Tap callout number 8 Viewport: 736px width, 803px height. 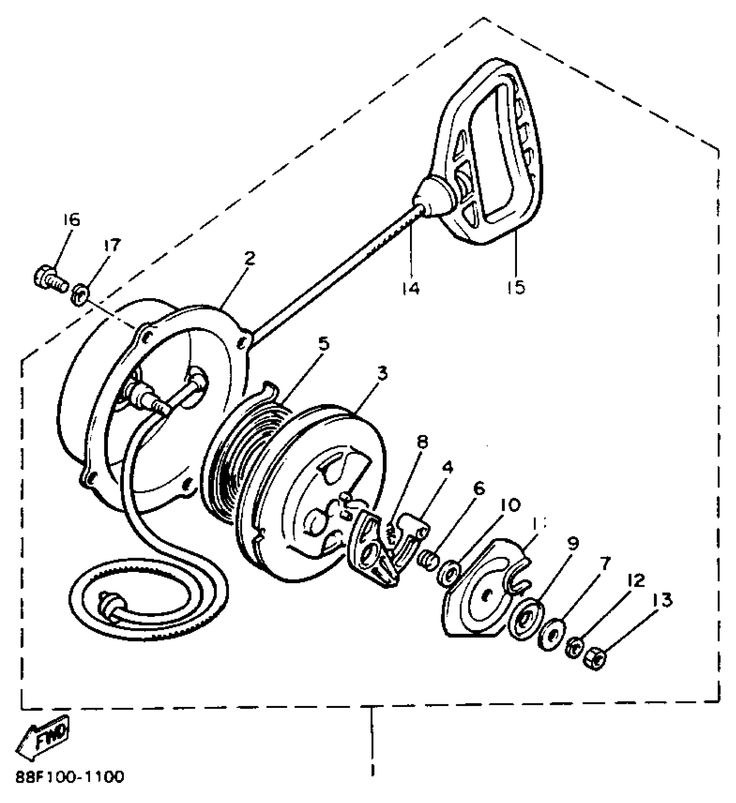point(422,442)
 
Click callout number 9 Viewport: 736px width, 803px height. point(572,544)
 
